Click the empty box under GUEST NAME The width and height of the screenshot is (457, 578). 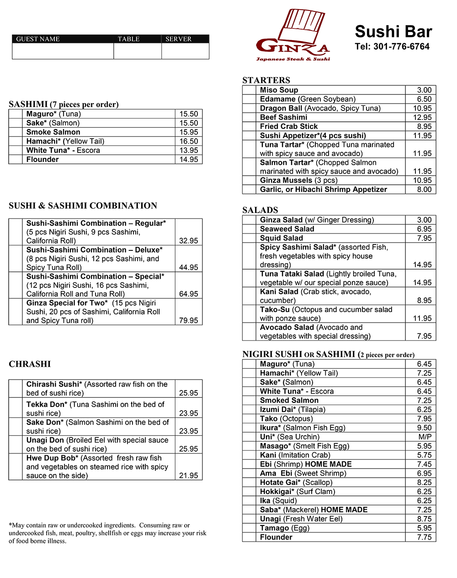(63, 51)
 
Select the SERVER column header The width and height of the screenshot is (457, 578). (179, 39)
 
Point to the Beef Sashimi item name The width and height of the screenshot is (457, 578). (283, 117)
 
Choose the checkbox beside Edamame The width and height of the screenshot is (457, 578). (249, 99)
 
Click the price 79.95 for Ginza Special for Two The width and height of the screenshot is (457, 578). (188, 321)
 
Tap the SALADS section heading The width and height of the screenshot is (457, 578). (260, 210)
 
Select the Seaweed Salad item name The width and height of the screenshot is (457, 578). (287, 229)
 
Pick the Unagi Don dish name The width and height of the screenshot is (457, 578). (45, 440)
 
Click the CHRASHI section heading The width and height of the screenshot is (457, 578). (30, 364)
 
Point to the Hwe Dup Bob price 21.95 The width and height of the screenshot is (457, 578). (188, 475)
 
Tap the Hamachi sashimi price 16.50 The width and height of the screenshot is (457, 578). (188, 141)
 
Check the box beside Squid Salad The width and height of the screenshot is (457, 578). (249, 238)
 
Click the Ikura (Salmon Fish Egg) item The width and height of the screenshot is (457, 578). (303, 428)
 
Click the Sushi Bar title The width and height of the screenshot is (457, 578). (393, 31)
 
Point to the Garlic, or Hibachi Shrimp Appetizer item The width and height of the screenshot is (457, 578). (323, 189)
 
